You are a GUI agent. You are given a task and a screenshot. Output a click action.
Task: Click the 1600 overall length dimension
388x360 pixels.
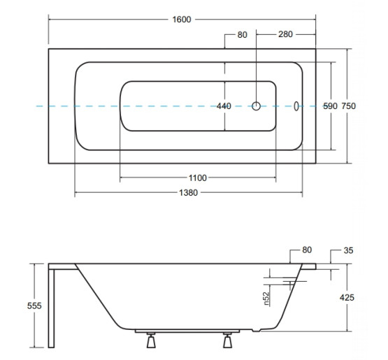coord(182,20)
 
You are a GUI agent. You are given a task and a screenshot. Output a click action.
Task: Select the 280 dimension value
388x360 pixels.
coord(285,34)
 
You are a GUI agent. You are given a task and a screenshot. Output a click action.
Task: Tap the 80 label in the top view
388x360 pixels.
coord(243,35)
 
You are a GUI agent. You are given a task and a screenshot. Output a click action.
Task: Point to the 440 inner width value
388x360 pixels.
coord(224,106)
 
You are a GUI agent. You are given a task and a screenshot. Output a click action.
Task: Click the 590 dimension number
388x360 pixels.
coord(331,106)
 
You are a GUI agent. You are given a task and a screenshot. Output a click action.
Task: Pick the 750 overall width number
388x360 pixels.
coord(349,106)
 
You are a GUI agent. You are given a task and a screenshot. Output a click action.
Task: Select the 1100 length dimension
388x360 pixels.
coord(197,178)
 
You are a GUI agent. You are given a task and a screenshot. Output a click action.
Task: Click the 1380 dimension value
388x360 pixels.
coord(188,192)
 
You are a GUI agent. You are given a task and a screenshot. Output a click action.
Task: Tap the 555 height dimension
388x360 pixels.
coord(34,305)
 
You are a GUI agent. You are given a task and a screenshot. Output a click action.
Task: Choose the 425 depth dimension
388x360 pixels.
coord(347,297)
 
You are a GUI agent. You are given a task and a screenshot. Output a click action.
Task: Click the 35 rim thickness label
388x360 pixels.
coord(348,250)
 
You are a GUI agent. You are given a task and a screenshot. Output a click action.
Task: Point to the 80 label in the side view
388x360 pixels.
coord(307,250)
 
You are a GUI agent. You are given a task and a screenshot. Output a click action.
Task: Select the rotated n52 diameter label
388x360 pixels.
coord(266,298)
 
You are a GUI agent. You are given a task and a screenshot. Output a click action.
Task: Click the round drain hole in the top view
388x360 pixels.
coord(256,106)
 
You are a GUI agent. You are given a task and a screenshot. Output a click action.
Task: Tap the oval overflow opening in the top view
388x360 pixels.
coord(296,106)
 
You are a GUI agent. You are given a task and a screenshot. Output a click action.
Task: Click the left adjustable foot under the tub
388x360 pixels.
coord(151,340)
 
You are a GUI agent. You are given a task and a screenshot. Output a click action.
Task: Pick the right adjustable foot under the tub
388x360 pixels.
coord(227,340)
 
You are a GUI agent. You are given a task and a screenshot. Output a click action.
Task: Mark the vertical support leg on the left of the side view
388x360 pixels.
coord(51,308)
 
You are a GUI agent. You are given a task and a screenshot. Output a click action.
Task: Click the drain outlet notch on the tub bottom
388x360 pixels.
coord(256,330)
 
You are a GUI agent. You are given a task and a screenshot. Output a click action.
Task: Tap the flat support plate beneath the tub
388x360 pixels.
coord(187,331)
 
